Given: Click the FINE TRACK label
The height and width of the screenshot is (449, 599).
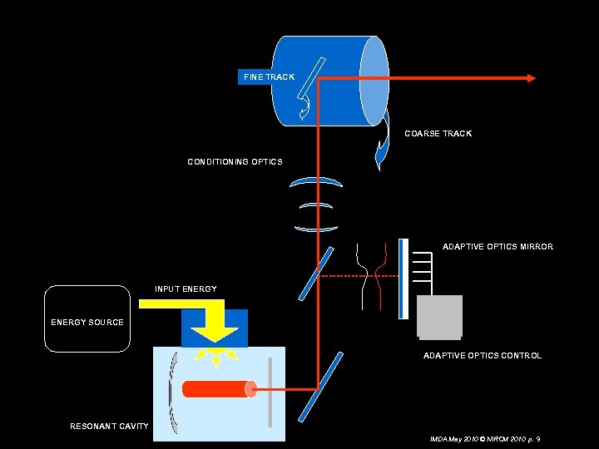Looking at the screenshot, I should click(269, 76).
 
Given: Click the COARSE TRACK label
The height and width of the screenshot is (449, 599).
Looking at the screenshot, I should click(438, 133).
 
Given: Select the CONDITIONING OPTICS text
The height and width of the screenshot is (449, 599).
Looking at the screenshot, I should click(235, 161).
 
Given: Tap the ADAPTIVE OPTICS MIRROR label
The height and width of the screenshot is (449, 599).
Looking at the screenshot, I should click(498, 247).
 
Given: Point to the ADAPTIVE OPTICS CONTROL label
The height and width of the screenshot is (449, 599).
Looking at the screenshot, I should click(483, 355).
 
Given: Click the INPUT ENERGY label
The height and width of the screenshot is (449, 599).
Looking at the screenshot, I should click(186, 289).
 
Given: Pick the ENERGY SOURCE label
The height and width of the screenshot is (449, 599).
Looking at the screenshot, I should click(87, 322).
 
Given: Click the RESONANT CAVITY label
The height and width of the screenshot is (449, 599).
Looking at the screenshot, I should click(109, 426).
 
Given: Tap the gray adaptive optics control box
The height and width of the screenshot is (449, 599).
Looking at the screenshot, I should click(439, 317).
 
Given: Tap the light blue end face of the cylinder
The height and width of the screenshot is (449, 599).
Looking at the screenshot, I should click(374, 81).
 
